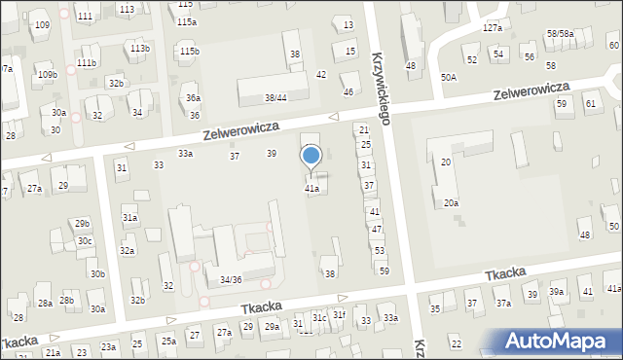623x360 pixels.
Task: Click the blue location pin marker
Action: coord(311,157)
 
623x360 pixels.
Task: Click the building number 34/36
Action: coord(231,280)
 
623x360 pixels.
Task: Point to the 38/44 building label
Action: coord(275,97)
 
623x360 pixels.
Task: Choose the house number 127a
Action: coord(493,28)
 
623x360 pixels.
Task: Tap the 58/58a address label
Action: coord(560,33)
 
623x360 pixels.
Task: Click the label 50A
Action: coord(448,76)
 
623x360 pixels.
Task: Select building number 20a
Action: coord(451,202)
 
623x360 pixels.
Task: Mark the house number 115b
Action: coord(190,51)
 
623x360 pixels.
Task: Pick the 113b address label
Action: coord(140,48)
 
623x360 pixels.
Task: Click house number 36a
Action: coord(194,97)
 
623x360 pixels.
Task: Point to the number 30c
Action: coord(85,241)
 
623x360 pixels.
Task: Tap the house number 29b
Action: coord(82,223)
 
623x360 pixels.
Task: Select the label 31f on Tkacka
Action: coord(339,314)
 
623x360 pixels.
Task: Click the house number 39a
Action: coord(556,292)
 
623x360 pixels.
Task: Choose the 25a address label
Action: coord(168,341)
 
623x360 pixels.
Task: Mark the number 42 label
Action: coord(321,75)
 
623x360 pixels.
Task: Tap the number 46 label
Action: coord(348,91)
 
